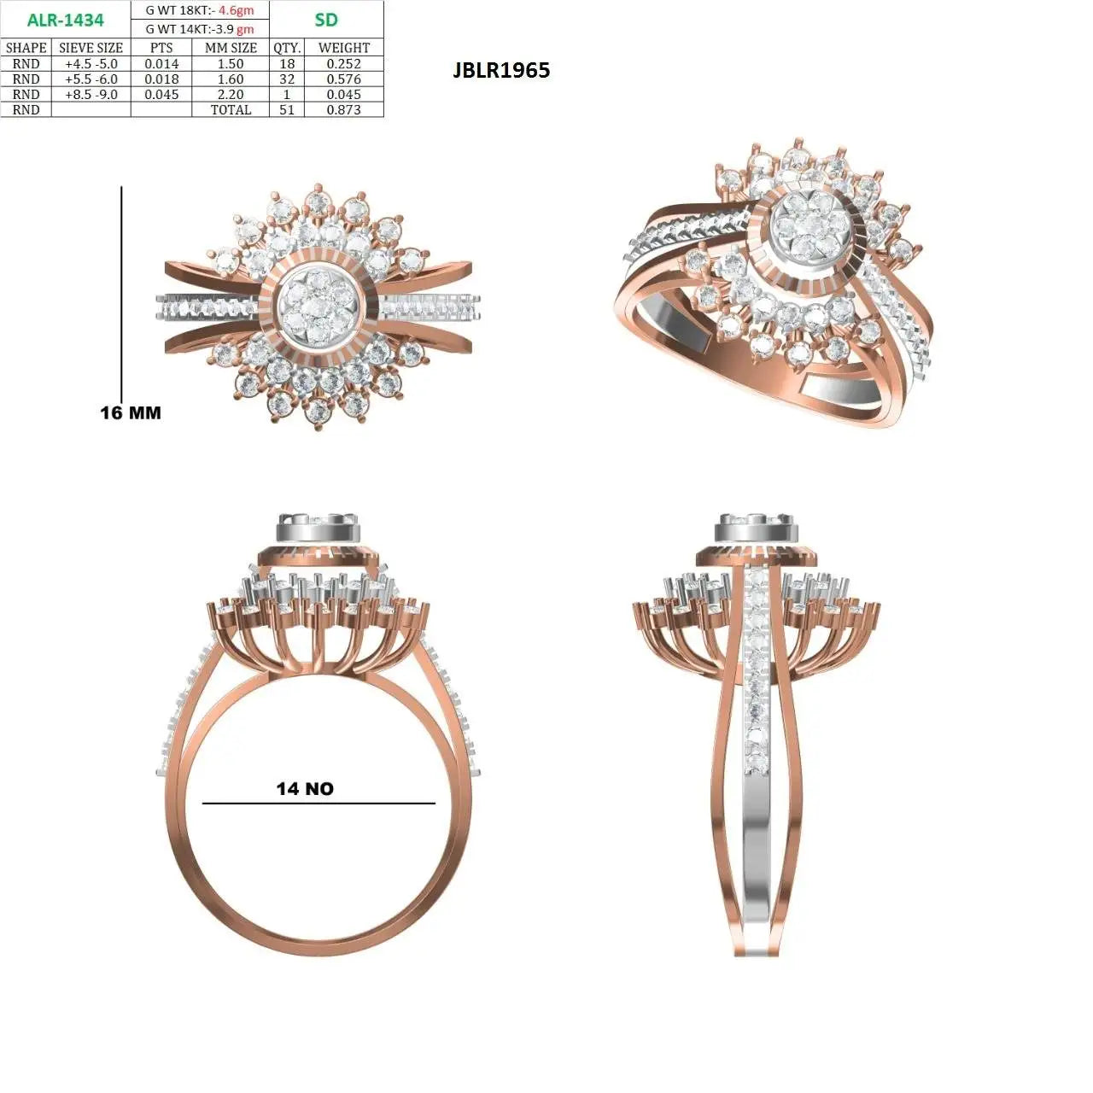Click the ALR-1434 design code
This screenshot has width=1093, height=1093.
65,20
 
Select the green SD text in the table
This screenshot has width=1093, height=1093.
326,20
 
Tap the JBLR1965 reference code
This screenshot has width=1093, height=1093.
501,70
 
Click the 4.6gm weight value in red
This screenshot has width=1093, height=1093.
236,10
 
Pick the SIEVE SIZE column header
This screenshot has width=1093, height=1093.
91,48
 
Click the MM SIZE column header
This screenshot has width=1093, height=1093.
231,48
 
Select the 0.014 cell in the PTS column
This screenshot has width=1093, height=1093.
161,63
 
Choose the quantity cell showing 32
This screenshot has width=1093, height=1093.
287,79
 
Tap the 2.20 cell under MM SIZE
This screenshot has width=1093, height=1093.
231,94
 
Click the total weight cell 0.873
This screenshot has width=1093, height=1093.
344,109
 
